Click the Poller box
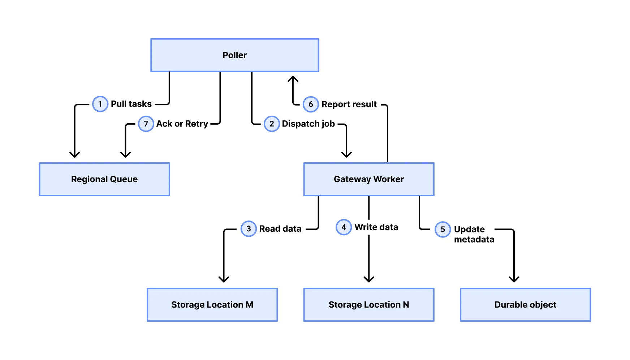(x=234, y=55)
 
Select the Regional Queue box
(x=104, y=179)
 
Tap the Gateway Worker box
(x=368, y=179)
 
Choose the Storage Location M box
(x=212, y=305)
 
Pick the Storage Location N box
(x=368, y=305)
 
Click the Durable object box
(x=525, y=305)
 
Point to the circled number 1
(x=100, y=104)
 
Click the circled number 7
(x=146, y=124)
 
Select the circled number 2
(x=272, y=124)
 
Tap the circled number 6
(x=311, y=104)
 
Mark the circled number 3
(x=249, y=228)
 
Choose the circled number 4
(x=344, y=227)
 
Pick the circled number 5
(x=443, y=229)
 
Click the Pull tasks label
(x=131, y=104)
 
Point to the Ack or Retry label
(x=182, y=124)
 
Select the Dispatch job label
(x=308, y=124)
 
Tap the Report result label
(x=349, y=104)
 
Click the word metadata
(x=474, y=239)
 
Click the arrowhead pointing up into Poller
(x=293, y=78)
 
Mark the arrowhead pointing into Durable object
(x=514, y=279)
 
